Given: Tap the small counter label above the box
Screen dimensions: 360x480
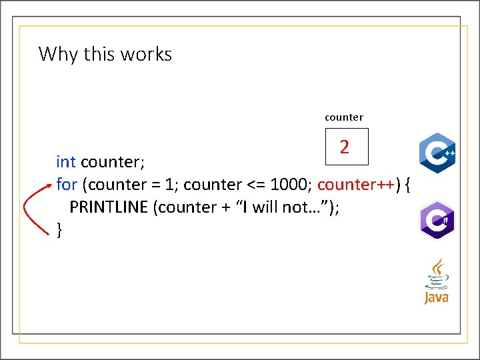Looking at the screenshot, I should point(344,117).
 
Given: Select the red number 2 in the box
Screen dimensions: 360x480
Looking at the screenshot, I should point(344,147).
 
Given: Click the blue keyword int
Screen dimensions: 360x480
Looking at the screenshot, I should point(65,162).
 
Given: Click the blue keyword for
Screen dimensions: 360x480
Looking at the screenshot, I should point(67,184).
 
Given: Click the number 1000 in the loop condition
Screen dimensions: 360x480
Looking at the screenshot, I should point(289,184).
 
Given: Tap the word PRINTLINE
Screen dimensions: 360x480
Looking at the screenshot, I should point(109,207).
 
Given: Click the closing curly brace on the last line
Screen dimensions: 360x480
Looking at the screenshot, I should point(59,229).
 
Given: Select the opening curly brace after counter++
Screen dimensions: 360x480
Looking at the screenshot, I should point(407,184).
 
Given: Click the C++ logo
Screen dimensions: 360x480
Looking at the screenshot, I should point(437,153).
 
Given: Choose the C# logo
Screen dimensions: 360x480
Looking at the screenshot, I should point(437,219).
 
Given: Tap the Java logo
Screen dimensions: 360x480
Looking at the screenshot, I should point(437,282).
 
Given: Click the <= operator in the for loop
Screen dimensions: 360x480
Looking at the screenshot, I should point(255,184).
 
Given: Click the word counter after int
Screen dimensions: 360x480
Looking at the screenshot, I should point(112,162).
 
